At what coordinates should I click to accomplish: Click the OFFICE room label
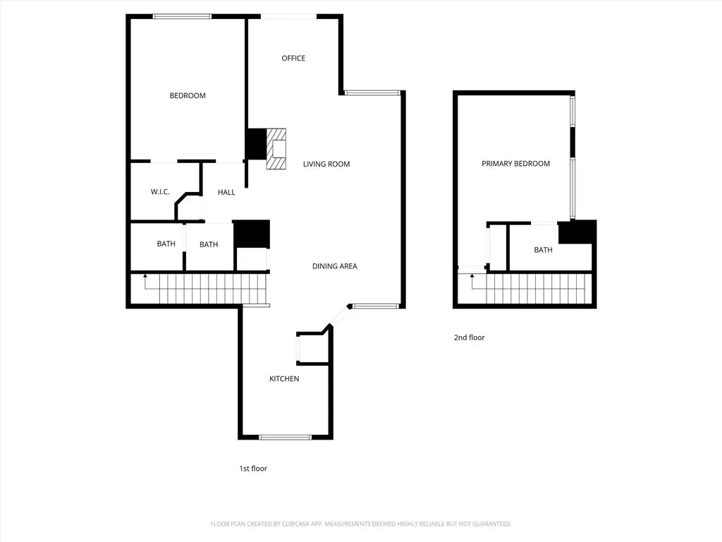(293, 58)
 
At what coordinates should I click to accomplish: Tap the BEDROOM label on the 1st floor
(188, 95)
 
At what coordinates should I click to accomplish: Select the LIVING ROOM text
(326, 164)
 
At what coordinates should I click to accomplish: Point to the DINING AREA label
(335, 266)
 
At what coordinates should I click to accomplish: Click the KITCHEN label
(284, 378)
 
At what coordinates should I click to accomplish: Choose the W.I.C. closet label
(160, 192)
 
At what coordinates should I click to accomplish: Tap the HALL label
(226, 192)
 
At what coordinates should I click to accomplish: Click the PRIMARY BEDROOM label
(515, 163)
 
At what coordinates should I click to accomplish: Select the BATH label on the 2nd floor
(544, 250)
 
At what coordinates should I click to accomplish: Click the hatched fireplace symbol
(276, 149)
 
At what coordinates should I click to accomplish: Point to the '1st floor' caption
(253, 469)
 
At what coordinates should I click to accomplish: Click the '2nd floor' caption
(469, 337)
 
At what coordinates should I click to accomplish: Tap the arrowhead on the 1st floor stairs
(145, 276)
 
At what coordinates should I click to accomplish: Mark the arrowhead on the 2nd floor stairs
(472, 276)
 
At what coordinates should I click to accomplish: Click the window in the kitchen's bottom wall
(286, 437)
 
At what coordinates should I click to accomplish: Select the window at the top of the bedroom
(183, 17)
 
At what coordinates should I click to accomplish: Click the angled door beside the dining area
(339, 315)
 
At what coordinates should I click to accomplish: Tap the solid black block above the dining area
(252, 234)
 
